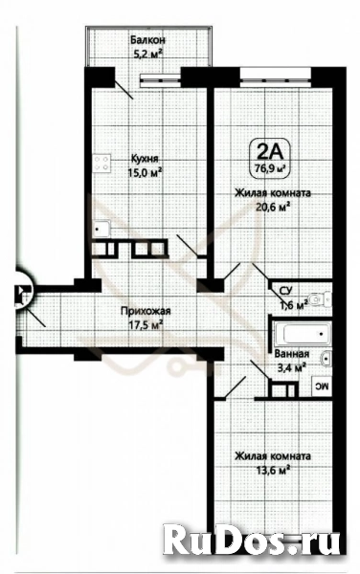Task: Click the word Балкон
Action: tap(149, 40)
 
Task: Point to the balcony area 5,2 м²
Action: tap(149, 55)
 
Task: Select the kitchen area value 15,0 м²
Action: tap(146, 172)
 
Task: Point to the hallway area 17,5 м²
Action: tap(146, 324)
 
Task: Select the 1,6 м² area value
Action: tap(292, 305)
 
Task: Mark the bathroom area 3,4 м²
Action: tap(291, 364)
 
